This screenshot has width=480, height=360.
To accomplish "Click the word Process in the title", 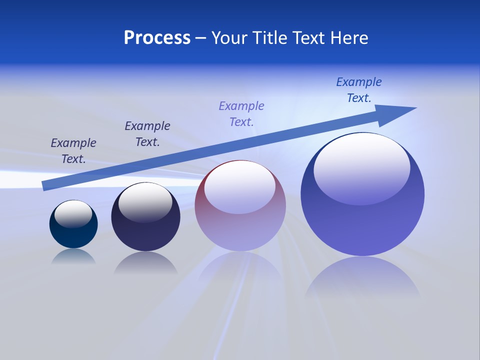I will (x=157, y=38).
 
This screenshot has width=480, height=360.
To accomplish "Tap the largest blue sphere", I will (x=362, y=225).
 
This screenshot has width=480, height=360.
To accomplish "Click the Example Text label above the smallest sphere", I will (x=73, y=150).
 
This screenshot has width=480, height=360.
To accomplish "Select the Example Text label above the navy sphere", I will (x=147, y=133).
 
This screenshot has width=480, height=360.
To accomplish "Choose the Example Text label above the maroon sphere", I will (x=241, y=113).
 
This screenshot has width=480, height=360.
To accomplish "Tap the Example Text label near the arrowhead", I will (x=359, y=89).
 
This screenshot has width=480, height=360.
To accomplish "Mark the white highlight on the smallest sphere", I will (x=73, y=213).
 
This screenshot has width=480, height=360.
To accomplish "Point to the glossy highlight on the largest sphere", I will (x=362, y=167).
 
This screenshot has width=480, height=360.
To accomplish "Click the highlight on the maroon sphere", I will (x=240, y=186).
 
